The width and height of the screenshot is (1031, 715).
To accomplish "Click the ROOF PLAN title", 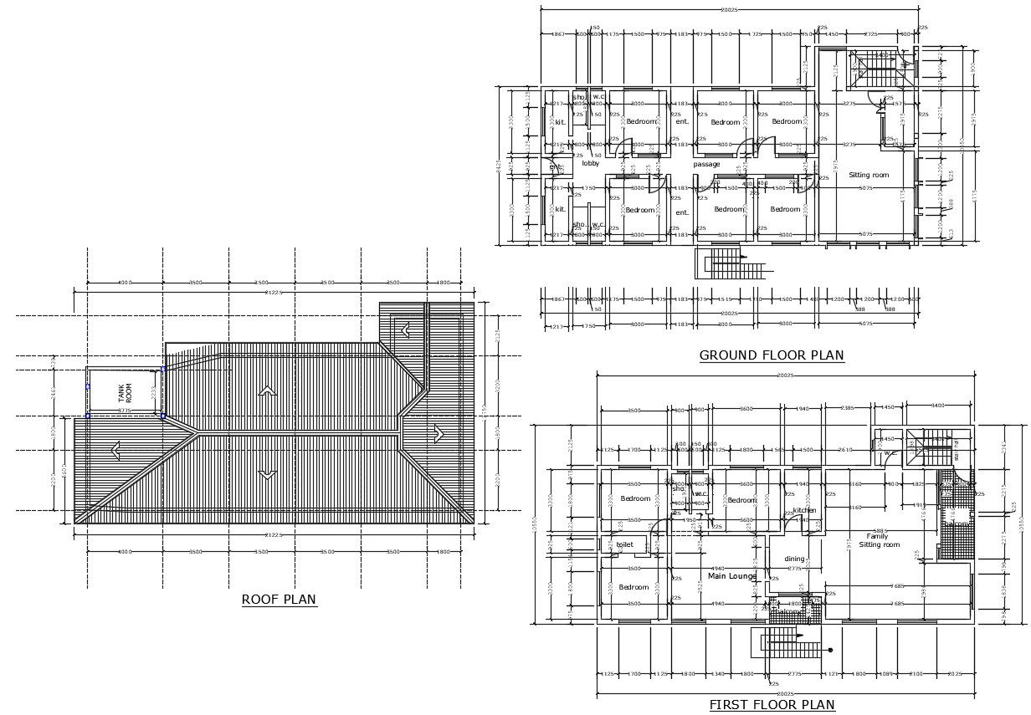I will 279,599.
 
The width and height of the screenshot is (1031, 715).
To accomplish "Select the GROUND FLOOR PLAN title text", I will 772,355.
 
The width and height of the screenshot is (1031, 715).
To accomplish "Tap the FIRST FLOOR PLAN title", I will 772,705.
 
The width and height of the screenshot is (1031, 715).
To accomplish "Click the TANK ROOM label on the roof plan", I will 124,394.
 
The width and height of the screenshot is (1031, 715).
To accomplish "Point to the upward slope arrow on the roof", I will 268,391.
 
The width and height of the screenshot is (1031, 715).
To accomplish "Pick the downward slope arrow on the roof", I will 268,473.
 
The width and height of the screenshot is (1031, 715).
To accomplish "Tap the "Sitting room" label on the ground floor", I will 869,175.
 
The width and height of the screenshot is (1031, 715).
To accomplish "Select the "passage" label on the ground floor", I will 706,164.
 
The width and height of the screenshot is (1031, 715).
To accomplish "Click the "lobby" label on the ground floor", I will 591,164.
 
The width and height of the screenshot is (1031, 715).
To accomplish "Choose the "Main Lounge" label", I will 731,576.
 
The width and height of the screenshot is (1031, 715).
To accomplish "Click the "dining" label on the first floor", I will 793,559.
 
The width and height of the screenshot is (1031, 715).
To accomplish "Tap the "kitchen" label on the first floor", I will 803,510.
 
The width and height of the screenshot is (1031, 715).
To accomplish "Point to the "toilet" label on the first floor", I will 624,544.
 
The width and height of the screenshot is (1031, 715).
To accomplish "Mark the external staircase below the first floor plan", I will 791,645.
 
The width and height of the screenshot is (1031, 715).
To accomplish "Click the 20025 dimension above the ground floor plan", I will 728,9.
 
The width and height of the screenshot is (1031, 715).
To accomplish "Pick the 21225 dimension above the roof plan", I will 274,292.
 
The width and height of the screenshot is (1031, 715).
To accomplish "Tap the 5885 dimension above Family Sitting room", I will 880,530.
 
